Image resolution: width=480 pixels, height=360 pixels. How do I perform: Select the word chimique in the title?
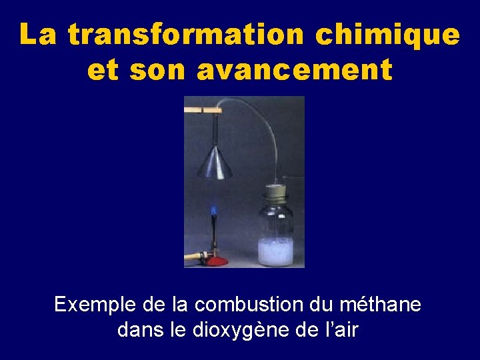[x=387, y=35]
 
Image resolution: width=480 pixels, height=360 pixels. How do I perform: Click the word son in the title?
[x=159, y=69]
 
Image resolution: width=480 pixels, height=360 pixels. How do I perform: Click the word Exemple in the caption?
[x=95, y=305]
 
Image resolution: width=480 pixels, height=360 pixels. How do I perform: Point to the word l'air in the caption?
[x=341, y=329]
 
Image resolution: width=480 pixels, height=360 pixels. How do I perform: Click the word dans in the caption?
[x=138, y=329]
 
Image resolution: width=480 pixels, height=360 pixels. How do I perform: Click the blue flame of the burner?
[x=214, y=211]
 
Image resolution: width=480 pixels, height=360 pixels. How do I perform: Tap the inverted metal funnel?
[x=215, y=164]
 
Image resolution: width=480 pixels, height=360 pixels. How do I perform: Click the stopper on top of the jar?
[x=275, y=193]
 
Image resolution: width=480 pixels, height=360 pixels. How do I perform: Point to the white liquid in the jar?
[x=275, y=252]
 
